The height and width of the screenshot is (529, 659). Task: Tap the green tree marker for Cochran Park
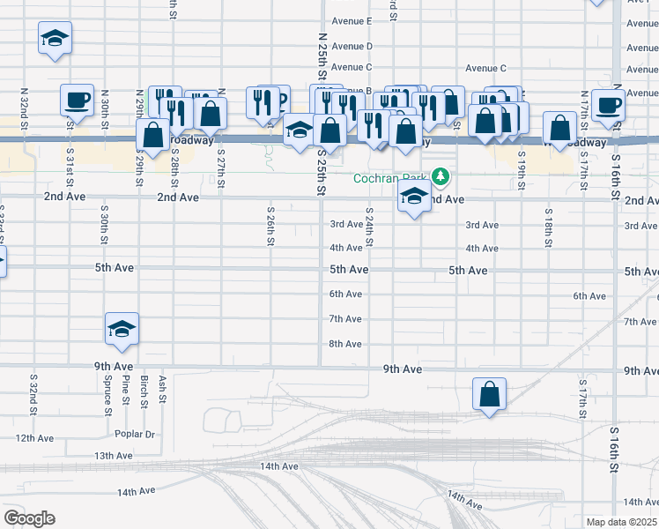441,177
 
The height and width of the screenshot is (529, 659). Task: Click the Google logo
29,518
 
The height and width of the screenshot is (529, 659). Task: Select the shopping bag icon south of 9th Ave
490,395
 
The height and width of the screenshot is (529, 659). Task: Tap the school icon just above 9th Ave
122,330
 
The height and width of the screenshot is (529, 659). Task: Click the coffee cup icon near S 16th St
609,105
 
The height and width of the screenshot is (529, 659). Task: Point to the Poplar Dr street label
134,434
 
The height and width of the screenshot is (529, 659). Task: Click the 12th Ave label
35,437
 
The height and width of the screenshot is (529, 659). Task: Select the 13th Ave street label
113,455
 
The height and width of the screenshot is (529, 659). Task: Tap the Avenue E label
352,21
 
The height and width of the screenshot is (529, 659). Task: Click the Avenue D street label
352,46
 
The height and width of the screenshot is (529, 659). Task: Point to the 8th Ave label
345,344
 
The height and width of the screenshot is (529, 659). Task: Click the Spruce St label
107,398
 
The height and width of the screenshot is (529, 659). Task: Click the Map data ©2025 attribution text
621,522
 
